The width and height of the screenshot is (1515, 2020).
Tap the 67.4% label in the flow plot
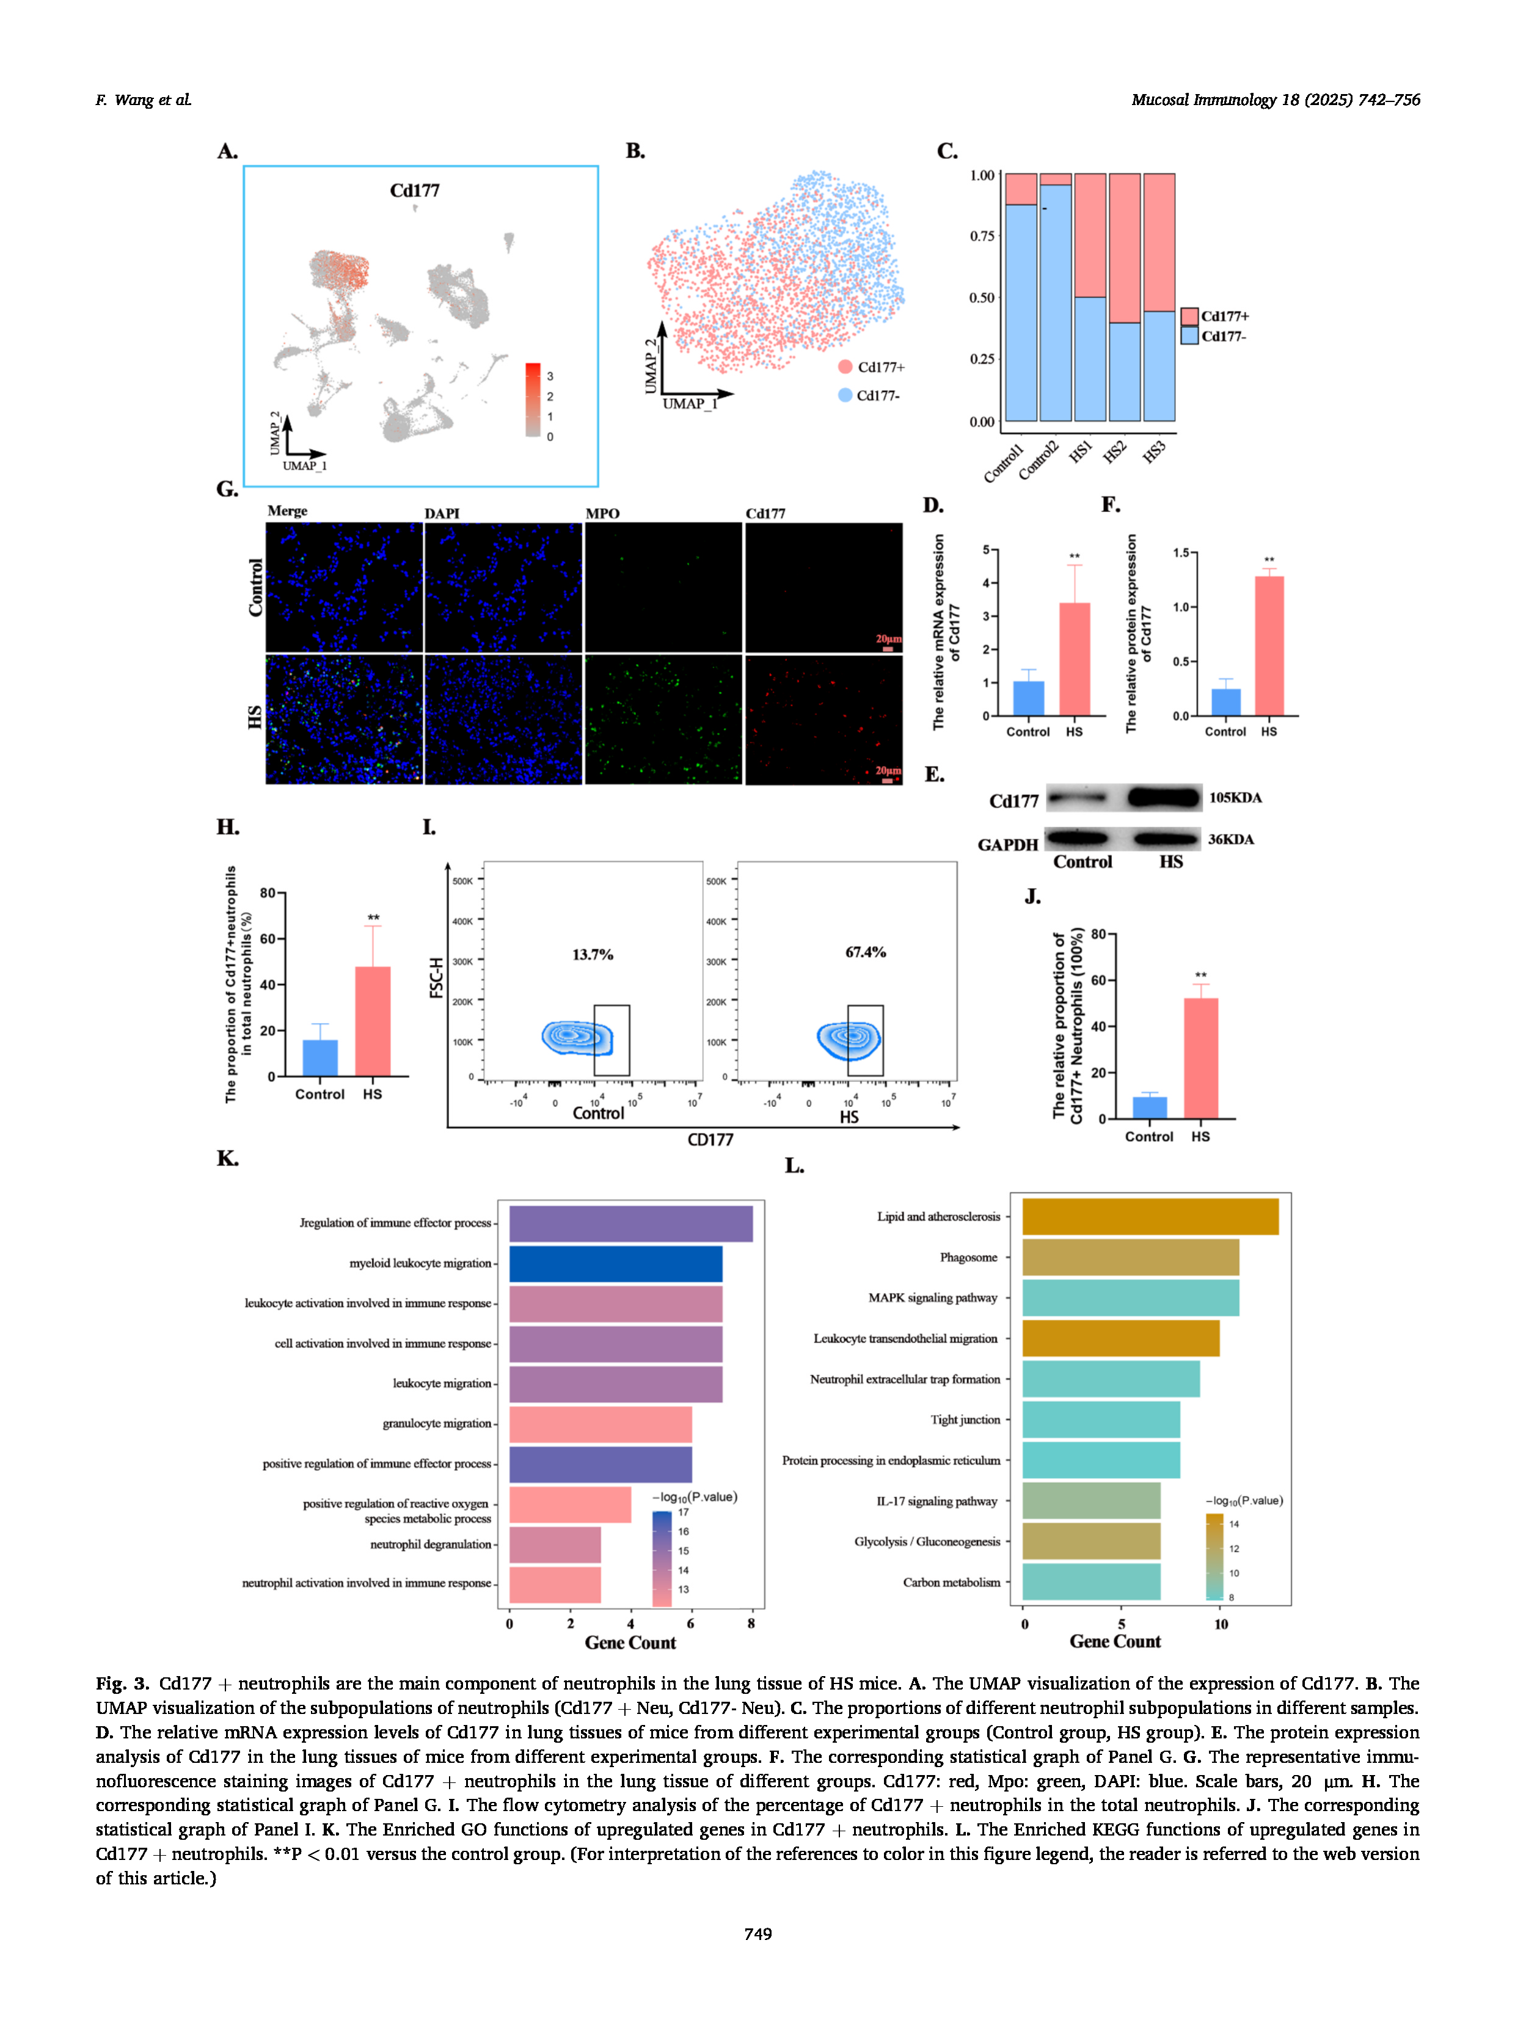coord(865,952)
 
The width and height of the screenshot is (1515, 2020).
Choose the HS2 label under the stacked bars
coord(1114,452)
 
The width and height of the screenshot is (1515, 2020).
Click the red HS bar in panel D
coord(1074,658)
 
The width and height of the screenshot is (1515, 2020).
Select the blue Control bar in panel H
coord(319,1057)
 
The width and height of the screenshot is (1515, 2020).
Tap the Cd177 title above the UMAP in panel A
coord(415,191)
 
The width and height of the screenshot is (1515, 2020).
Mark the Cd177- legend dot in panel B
coord(845,395)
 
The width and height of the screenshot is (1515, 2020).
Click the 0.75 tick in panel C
coord(982,236)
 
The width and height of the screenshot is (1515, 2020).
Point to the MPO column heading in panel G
coord(602,513)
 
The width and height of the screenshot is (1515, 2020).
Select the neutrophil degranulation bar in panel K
coord(554,1544)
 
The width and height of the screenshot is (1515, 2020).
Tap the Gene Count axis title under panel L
coord(1115,1641)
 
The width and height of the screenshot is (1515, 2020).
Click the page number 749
coord(757,1933)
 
